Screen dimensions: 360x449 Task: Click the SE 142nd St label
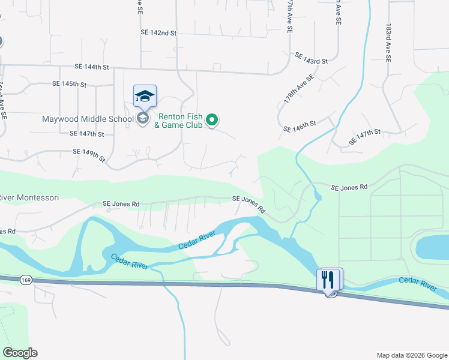coord(158,33)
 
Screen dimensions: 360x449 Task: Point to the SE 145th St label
coord(70,83)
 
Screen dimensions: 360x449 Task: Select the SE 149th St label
coord(89,155)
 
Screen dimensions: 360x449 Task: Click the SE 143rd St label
coord(311,58)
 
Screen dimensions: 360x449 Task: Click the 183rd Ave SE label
coord(388,43)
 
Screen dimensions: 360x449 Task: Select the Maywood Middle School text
coord(88,119)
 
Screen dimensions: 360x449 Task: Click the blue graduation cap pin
coord(145,96)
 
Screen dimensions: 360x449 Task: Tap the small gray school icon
coord(143,118)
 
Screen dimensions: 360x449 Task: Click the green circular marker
coord(211,121)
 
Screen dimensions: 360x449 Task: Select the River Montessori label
coord(29,197)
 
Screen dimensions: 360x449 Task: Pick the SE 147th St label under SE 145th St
coord(87,134)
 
